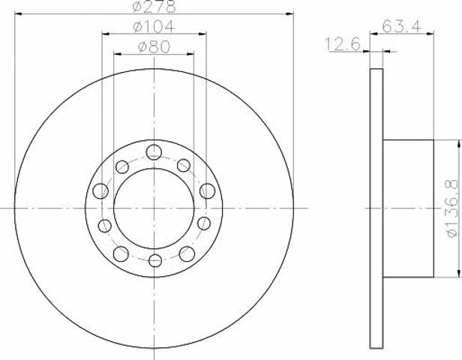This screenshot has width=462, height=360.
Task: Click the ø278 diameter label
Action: (x=154, y=6)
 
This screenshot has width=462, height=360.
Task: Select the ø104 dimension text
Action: (x=154, y=26)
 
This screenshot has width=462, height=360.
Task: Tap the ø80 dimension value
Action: (x=154, y=46)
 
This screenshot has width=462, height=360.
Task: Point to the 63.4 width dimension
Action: (x=402, y=26)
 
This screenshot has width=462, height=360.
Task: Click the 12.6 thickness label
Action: (x=343, y=44)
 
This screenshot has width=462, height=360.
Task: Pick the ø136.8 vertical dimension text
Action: (x=452, y=208)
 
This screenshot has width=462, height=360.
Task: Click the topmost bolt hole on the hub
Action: (x=154, y=152)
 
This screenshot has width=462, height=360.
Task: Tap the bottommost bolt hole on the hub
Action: (x=155, y=261)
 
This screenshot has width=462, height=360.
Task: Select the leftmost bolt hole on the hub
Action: (x=100, y=191)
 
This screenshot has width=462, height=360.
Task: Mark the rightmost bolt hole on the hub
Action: (x=208, y=191)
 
